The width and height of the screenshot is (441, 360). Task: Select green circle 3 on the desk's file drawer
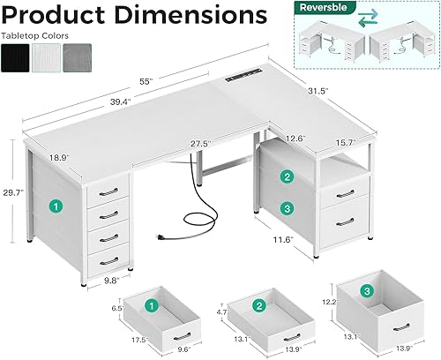pyautogui.click(x=286, y=209)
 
